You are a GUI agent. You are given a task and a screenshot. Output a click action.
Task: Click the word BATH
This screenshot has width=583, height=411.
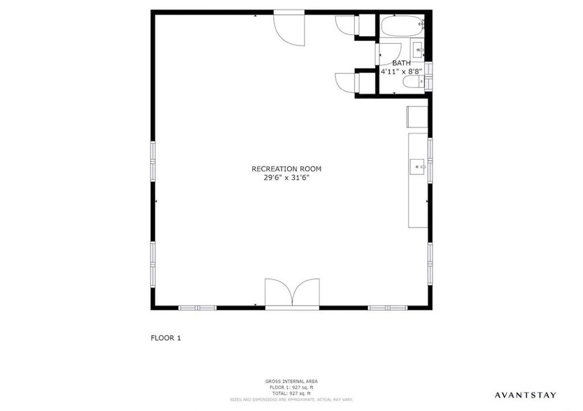[401, 63]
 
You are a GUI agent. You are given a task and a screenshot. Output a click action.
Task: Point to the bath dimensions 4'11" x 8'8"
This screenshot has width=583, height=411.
[401, 72]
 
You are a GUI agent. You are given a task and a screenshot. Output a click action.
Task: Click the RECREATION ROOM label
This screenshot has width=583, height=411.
[286, 169]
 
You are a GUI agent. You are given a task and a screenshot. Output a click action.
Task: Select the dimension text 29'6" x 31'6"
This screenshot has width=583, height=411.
[286, 177]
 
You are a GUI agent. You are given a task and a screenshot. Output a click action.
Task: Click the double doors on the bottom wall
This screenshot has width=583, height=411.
[293, 293]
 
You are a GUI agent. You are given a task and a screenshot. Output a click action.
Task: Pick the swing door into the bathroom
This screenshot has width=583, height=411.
[385, 54]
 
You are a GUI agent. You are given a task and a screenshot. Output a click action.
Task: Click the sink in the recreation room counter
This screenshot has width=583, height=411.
[418, 167]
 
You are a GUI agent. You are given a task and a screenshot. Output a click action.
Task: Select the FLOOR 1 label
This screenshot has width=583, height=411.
[165, 338]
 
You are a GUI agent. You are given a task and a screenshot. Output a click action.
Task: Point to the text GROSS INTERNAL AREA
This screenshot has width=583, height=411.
[291, 381]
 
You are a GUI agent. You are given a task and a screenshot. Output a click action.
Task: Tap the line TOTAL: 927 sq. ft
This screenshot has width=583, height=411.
[291, 393]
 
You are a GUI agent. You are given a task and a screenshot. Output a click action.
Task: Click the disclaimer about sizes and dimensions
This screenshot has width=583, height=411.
[291, 400]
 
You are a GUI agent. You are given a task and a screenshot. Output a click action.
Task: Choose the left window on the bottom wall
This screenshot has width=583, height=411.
[198, 308]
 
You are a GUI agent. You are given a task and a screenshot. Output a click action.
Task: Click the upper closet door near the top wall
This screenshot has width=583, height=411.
[345, 24]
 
